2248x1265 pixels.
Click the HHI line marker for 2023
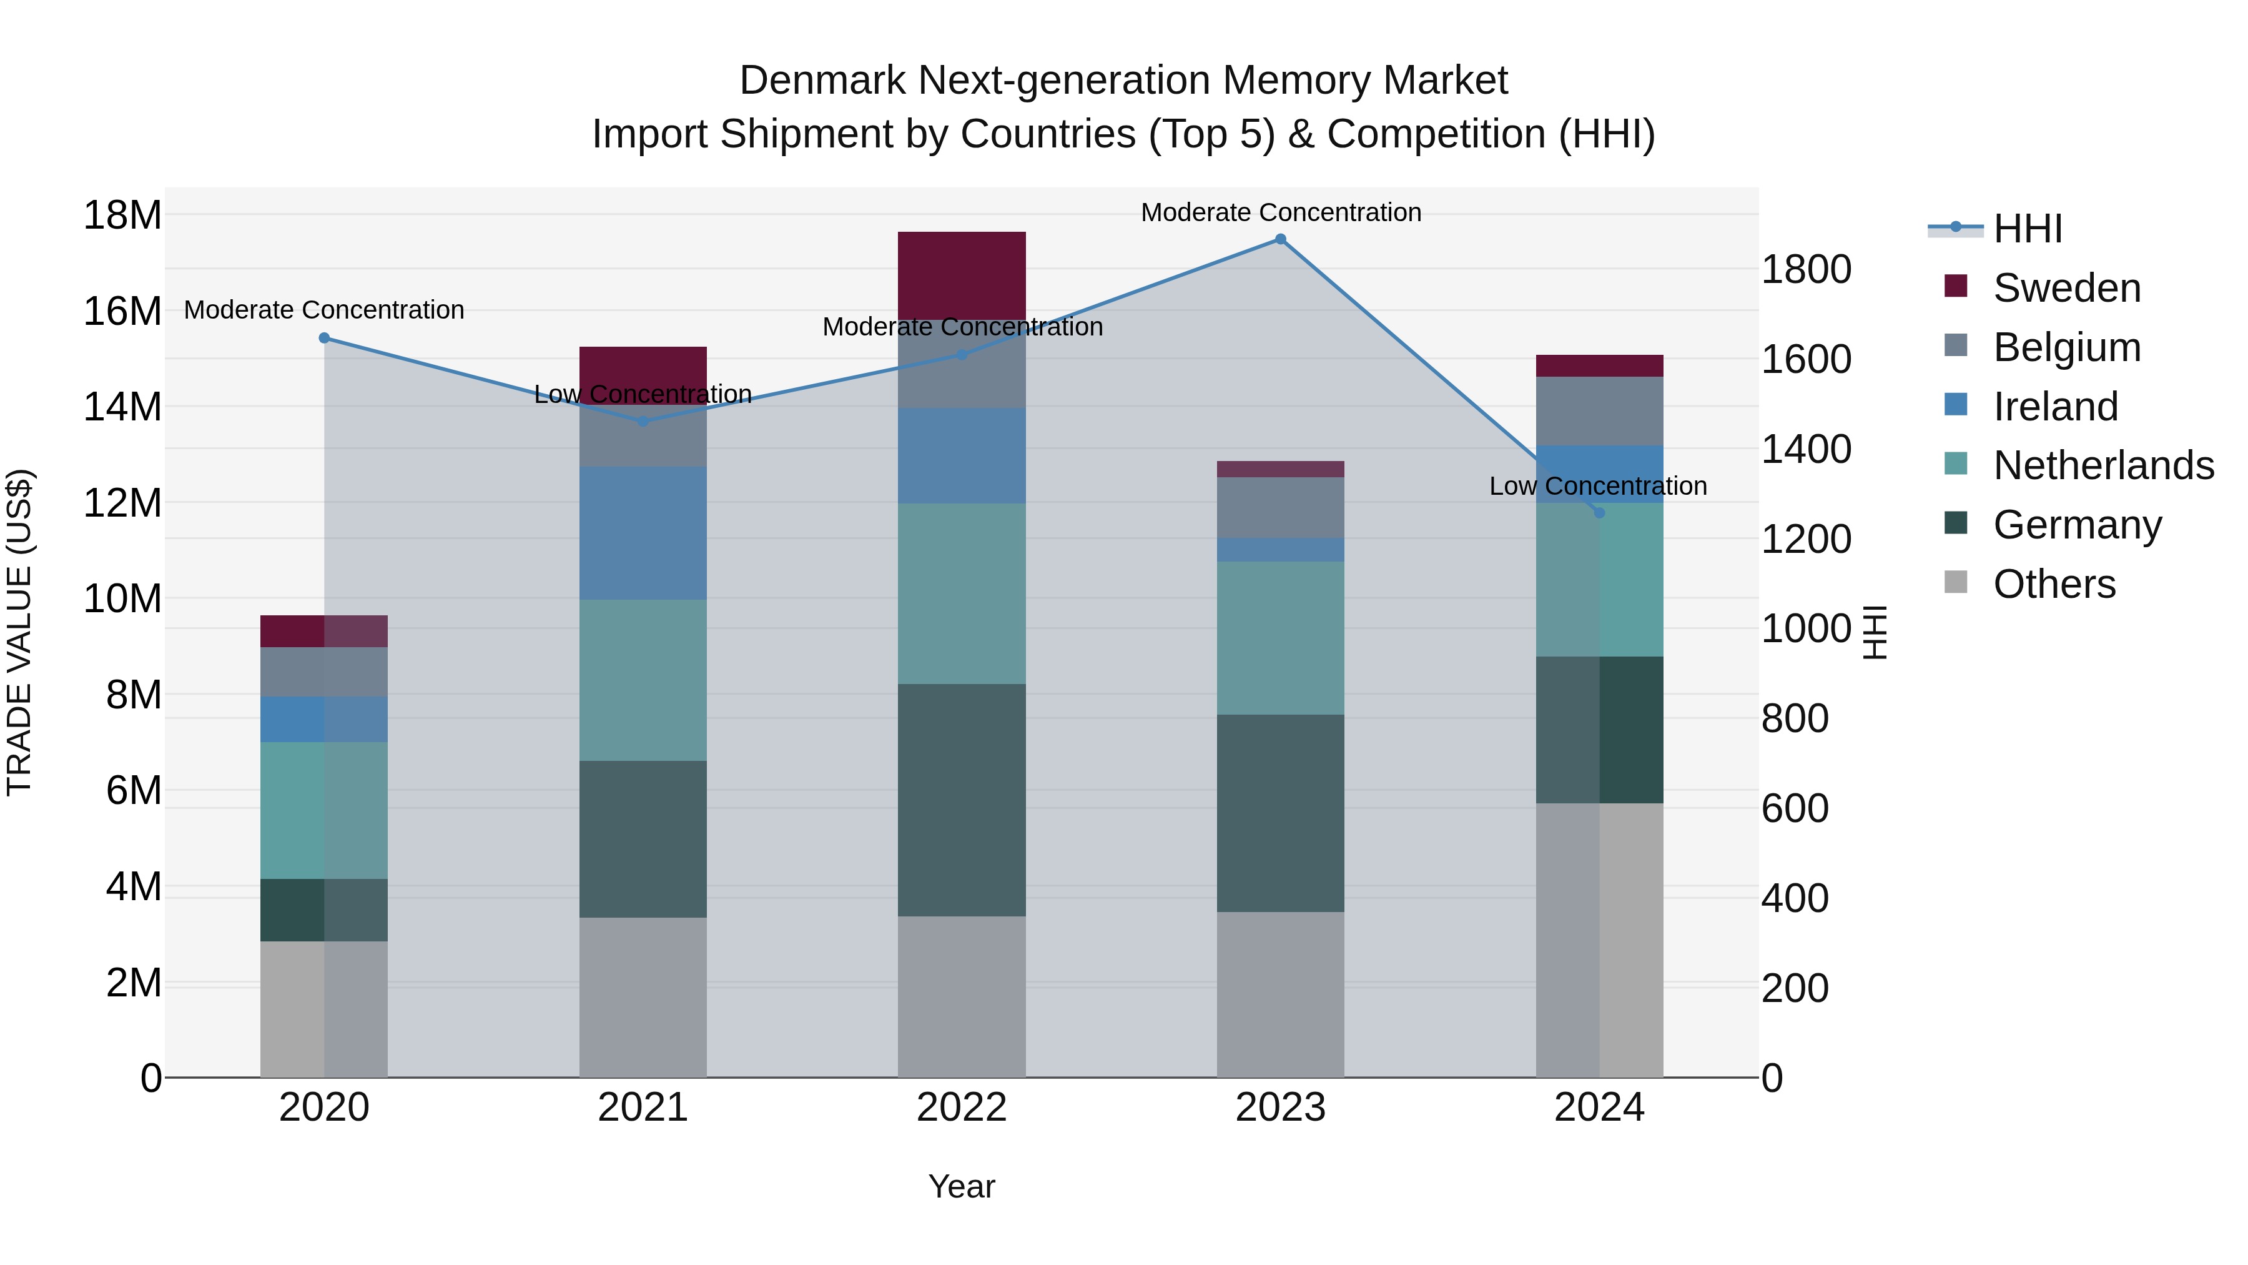click(1280, 239)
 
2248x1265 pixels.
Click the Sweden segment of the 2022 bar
click(962, 275)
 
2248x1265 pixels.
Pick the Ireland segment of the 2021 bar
click(643, 532)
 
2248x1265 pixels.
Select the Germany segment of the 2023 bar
click(1280, 813)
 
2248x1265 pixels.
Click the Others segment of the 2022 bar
click(962, 996)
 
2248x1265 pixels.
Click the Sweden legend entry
click(2066, 288)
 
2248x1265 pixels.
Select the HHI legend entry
click(2027, 229)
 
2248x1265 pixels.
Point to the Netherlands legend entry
click(2103, 465)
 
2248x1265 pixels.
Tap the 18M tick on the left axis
click(122, 215)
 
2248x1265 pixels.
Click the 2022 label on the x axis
click(962, 1108)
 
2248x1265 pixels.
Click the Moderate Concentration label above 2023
click(1280, 212)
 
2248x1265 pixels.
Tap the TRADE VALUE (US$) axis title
click(19, 632)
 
